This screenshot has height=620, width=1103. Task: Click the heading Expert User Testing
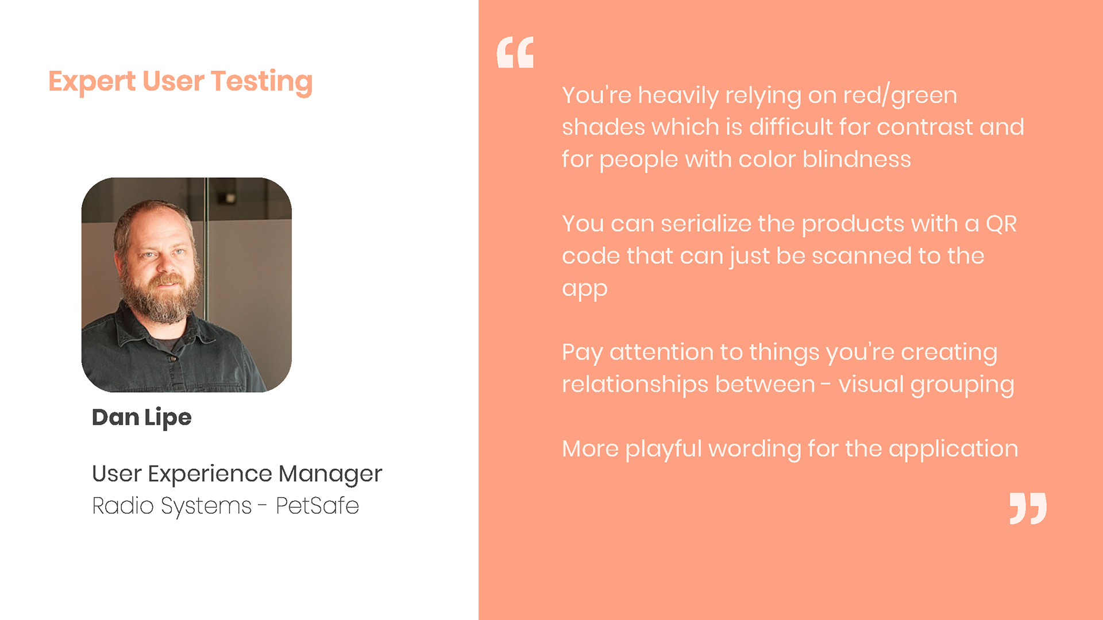tap(180, 82)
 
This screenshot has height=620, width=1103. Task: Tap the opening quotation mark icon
tap(515, 52)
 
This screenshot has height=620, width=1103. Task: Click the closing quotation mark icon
tap(1028, 508)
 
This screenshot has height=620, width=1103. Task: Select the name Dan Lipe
tap(142, 418)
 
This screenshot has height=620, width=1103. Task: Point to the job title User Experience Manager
tap(237, 474)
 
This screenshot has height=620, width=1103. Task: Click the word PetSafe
tap(318, 506)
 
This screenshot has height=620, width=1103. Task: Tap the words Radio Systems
tap(172, 506)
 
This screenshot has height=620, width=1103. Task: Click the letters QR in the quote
tap(1001, 224)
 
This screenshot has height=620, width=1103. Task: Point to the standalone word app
tap(585, 289)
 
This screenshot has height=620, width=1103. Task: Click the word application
tap(954, 449)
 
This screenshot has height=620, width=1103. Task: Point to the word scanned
tap(862, 256)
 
